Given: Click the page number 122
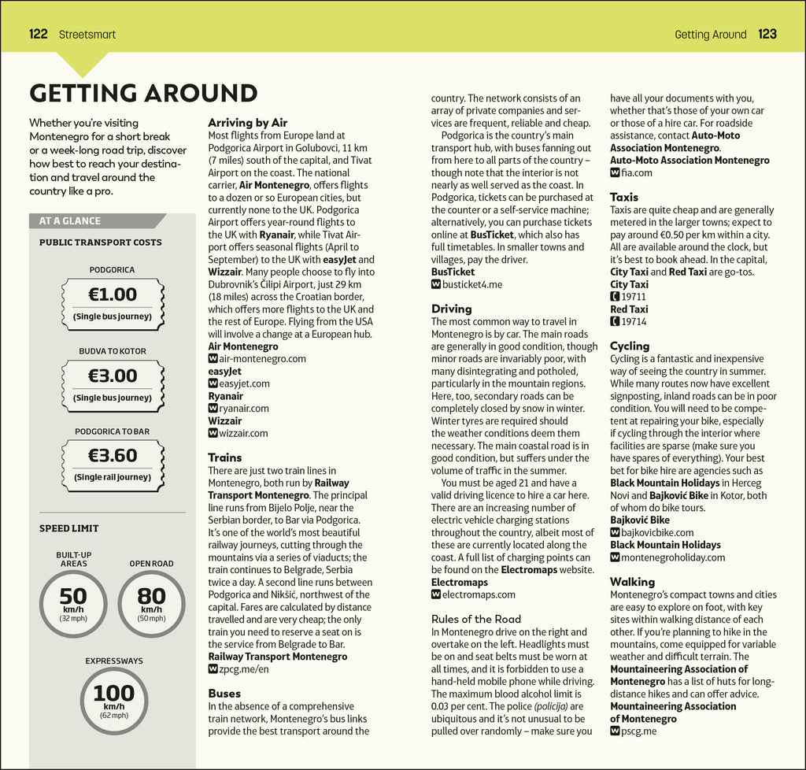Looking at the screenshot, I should pyautogui.click(x=39, y=34).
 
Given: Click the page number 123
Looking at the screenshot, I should pyautogui.click(x=767, y=34).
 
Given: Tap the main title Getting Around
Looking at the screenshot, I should pyautogui.click(x=143, y=93).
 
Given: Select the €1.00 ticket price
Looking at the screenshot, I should pyautogui.click(x=113, y=295).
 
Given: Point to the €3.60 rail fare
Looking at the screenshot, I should pyautogui.click(x=113, y=455).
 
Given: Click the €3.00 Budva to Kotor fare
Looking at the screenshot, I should pyautogui.click(x=113, y=376).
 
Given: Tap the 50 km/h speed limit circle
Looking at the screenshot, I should pyautogui.click(x=72, y=604).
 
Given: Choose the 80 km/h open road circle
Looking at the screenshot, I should pyautogui.click(x=151, y=604).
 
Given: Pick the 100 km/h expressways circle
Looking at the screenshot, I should pyautogui.click(x=114, y=701).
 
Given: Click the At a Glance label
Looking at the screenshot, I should pyautogui.click(x=70, y=221).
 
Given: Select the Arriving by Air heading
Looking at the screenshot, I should pyautogui.click(x=247, y=123).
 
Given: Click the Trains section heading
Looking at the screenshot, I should pyautogui.click(x=225, y=457).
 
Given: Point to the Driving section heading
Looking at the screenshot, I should pyautogui.click(x=452, y=309).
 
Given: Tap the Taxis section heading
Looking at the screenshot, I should pyautogui.click(x=624, y=197).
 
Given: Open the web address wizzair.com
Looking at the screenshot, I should pyautogui.click(x=243, y=433).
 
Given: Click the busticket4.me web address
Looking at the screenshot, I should pyautogui.click(x=471, y=284).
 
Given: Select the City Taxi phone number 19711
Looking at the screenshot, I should pyautogui.click(x=633, y=297).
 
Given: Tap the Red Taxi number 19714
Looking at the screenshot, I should pyautogui.click(x=633, y=321).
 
